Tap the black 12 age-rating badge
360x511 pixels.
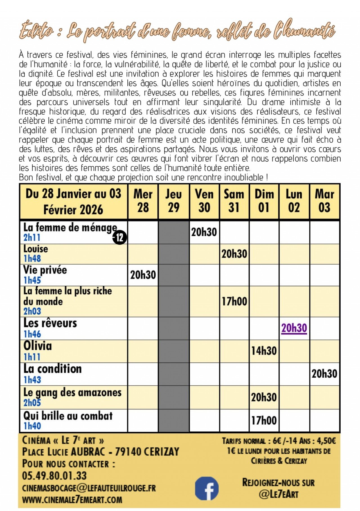pyautogui.click(x=120, y=238)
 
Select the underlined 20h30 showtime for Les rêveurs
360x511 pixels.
pyautogui.click(x=294, y=328)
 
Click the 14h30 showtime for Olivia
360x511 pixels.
pyautogui.click(x=264, y=351)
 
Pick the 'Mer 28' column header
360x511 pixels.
pyautogui.click(x=143, y=201)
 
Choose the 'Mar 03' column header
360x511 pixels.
pyautogui.click(x=324, y=201)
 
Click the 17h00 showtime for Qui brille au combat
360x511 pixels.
pyautogui.click(x=264, y=420)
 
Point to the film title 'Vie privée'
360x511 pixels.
pyautogui.click(x=45, y=270)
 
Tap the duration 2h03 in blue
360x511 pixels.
pyautogui.click(x=32, y=311)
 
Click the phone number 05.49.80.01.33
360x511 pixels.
pyautogui.click(x=54, y=476)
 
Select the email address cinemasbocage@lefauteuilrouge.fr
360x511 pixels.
pyautogui.click(x=89, y=488)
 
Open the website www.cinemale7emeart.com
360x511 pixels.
pyautogui.click(x=72, y=500)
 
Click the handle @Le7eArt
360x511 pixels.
pyautogui.click(x=278, y=494)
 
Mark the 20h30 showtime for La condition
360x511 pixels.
pyautogui.click(x=324, y=374)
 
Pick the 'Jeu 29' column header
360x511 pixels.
pyautogui.click(x=174, y=201)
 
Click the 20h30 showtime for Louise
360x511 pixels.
pyautogui.click(x=234, y=254)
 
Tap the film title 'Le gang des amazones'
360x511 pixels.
pyautogui.click(x=72, y=392)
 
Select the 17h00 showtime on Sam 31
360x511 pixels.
pyautogui.click(x=234, y=301)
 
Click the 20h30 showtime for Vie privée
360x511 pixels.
pyautogui.click(x=143, y=275)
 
